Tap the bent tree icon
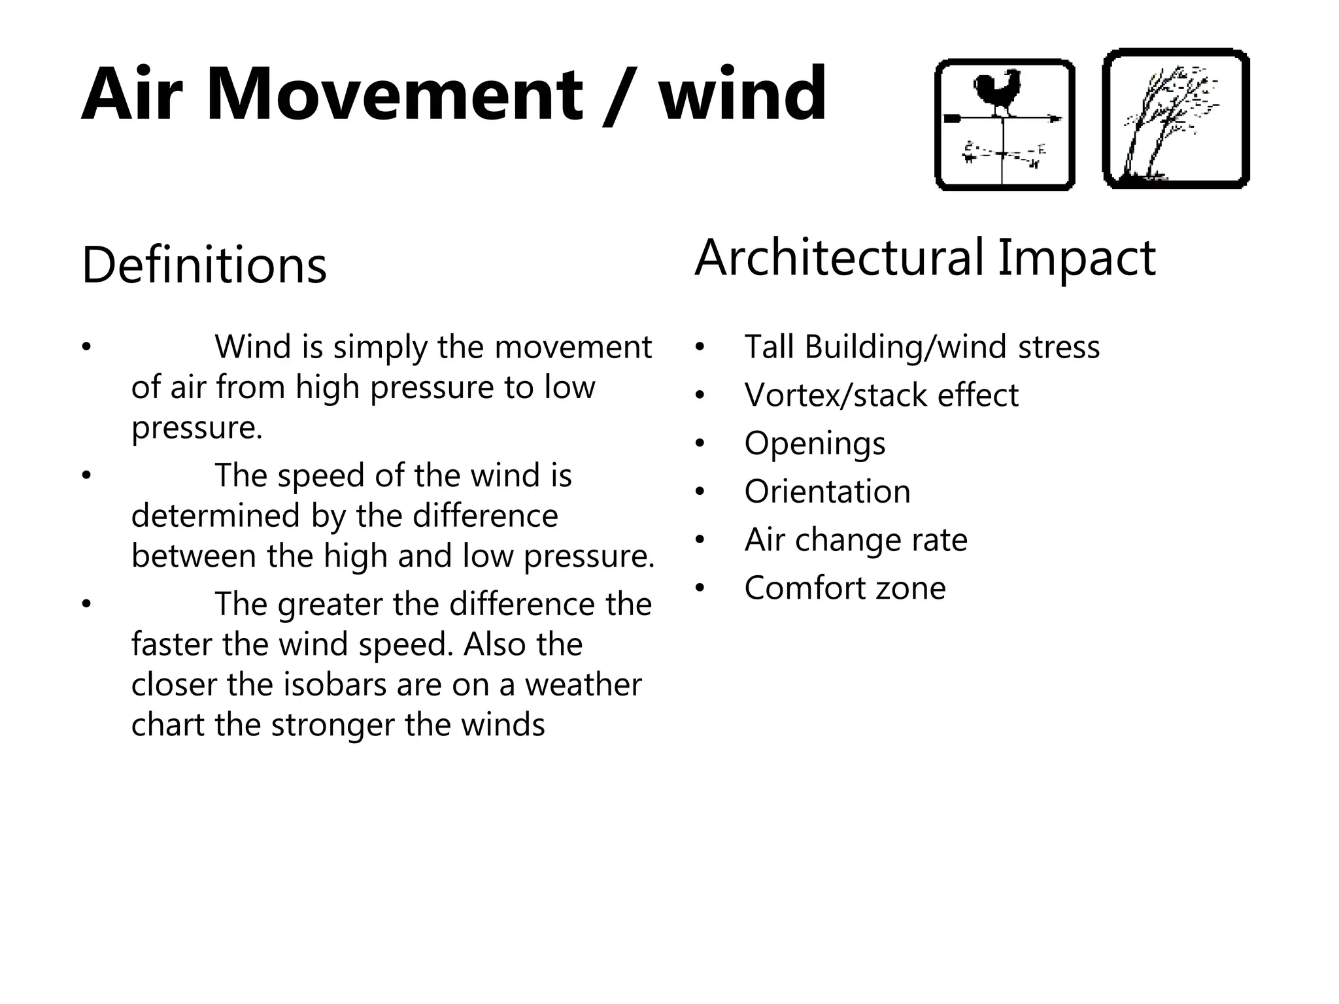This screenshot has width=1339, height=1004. coord(1176,119)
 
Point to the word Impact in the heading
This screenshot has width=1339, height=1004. coord(1076,258)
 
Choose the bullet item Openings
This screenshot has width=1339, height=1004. coord(815,443)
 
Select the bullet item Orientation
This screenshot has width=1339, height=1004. coord(827,492)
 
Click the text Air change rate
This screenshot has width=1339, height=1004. coord(856,540)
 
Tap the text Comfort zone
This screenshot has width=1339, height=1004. coord(845,588)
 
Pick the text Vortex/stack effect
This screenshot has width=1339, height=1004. coord(881,395)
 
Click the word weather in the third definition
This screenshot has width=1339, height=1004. coord(583,684)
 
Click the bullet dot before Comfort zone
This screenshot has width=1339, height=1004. coord(700,588)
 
